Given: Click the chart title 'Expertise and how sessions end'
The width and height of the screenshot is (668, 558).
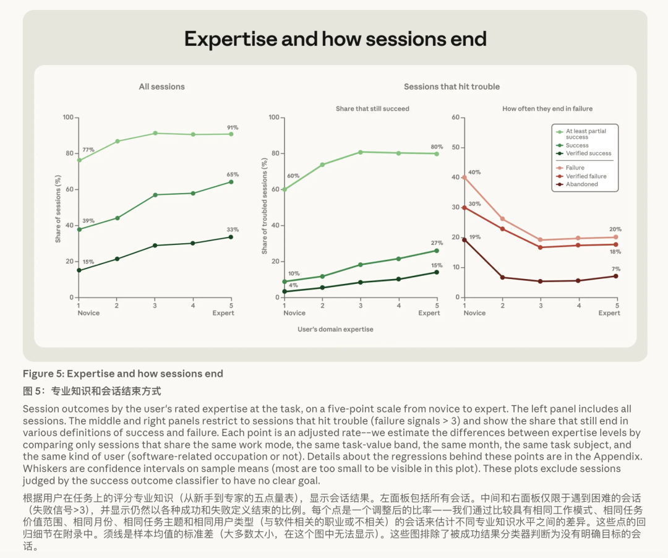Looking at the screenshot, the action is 335,39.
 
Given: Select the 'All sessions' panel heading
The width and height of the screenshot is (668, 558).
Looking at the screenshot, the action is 162,87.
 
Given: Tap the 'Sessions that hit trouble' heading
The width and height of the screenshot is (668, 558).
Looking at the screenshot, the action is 452,87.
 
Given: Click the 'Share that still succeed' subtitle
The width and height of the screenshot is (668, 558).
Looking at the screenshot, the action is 372,109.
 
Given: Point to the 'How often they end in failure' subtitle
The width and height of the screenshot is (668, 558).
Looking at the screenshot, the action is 547,109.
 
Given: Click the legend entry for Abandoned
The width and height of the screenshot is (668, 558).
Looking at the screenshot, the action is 581,184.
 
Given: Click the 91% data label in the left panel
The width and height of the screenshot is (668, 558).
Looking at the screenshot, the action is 233,127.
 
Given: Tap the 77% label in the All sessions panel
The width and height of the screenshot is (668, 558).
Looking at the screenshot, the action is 88,150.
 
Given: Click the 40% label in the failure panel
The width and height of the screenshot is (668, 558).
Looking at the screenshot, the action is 474,172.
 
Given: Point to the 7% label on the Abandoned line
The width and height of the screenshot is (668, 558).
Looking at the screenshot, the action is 616,268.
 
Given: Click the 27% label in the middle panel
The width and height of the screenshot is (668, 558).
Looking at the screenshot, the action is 437,243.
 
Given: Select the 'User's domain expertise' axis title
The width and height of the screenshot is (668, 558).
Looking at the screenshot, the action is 335,329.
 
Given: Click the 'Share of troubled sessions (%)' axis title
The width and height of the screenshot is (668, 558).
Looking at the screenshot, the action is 265,206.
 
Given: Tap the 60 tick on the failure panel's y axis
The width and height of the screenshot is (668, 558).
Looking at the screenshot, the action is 455,117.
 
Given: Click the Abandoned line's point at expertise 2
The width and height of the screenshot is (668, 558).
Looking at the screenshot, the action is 503,277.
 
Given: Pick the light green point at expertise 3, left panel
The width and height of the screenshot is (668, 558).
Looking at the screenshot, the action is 155,134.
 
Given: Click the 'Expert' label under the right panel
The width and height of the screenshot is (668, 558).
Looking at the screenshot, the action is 609,313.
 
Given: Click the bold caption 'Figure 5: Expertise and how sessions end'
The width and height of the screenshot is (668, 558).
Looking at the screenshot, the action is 122,374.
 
